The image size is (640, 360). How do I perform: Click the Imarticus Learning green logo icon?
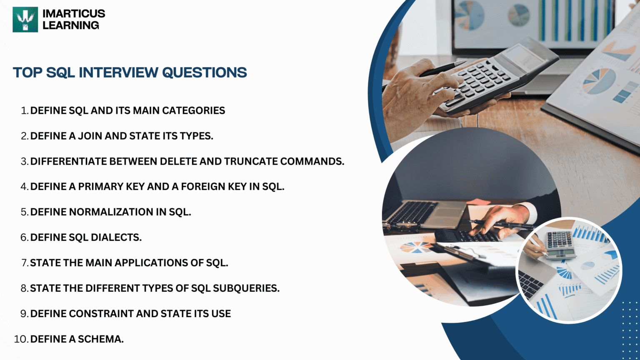point(25,20)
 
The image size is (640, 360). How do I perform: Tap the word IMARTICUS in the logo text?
point(74,14)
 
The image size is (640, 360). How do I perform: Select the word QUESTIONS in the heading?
point(204,72)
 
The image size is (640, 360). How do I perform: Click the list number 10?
point(20,339)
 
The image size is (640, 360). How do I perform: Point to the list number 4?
point(24,187)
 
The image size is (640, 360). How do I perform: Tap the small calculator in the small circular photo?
point(560,245)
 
